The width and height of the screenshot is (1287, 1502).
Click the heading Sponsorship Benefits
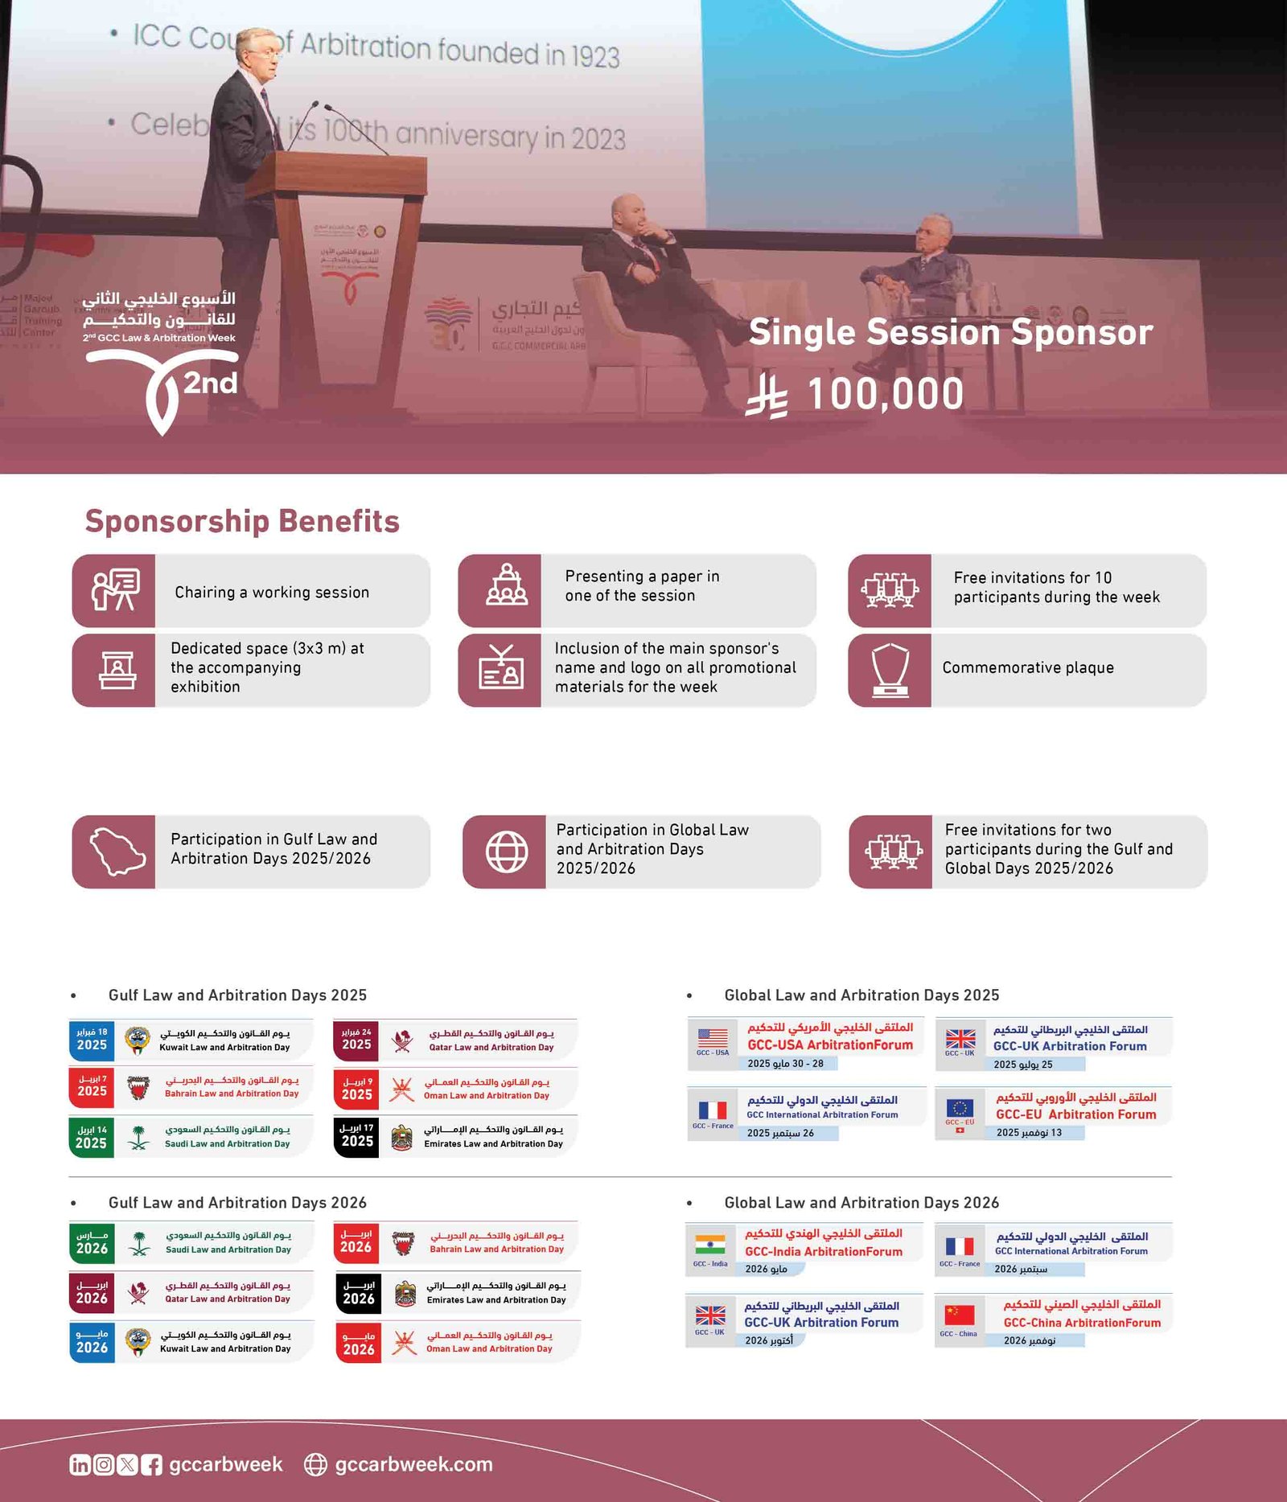[x=242, y=521]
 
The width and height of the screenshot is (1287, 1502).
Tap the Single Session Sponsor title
[x=950, y=332]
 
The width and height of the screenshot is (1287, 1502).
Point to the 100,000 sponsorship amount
[x=885, y=394]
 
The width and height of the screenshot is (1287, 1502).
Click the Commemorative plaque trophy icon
[x=890, y=670]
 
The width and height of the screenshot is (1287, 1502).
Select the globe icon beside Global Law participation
[x=507, y=852]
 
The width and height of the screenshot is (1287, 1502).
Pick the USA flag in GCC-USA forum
[x=713, y=1038]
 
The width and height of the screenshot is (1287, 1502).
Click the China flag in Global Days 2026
[x=959, y=1315]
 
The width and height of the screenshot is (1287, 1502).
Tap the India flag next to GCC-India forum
[x=710, y=1244]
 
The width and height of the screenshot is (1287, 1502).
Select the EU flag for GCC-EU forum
[x=959, y=1108]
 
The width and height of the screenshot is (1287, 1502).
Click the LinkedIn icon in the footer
[x=80, y=1465]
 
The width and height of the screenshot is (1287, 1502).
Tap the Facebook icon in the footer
[x=151, y=1465]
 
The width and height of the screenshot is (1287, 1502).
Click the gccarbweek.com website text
[x=413, y=1464]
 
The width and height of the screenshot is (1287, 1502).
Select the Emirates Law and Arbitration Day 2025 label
[x=493, y=1143]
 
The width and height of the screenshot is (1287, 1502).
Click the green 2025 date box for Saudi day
[x=91, y=1137]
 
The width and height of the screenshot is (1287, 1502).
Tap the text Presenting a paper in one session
[x=641, y=586]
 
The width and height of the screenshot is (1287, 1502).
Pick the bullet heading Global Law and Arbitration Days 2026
[x=861, y=1203]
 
